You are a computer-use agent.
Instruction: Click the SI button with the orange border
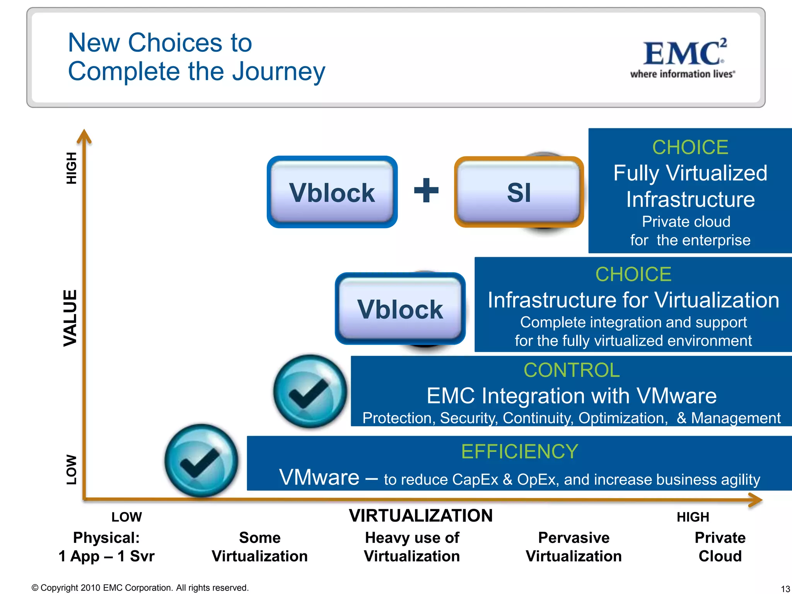click(519, 192)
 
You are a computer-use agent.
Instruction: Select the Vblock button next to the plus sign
click(332, 192)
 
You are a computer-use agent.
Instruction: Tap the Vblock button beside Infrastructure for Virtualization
click(400, 309)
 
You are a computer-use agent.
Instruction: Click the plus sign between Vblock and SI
click(426, 190)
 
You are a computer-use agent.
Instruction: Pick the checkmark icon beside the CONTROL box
click(310, 391)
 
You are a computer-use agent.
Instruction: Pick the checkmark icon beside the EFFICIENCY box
click(201, 460)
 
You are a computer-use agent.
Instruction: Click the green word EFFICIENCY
click(519, 451)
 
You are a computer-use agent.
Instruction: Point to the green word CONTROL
click(572, 370)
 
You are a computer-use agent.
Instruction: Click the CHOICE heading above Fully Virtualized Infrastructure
click(690, 147)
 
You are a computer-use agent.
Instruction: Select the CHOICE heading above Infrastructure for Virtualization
click(633, 274)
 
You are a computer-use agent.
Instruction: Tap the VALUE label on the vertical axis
click(70, 317)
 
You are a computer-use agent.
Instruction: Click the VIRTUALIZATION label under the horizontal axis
click(421, 515)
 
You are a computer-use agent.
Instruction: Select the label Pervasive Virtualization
click(574, 547)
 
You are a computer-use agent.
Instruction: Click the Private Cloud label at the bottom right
click(720, 547)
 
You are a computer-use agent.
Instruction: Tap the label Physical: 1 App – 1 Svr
click(106, 547)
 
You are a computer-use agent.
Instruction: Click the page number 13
click(785, 589)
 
